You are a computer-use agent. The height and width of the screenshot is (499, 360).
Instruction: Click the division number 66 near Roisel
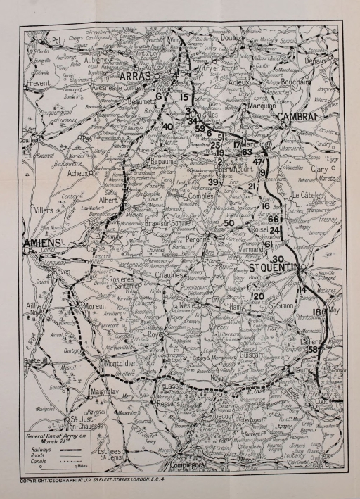click(274, 219)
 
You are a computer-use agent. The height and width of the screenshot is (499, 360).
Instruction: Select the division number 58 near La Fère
click(314, 350)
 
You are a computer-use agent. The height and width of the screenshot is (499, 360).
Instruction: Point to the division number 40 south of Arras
click(167, 127)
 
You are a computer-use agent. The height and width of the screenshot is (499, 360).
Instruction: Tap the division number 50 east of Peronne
click(229, 223)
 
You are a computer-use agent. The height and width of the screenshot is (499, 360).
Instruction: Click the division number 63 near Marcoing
click(247, 151)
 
